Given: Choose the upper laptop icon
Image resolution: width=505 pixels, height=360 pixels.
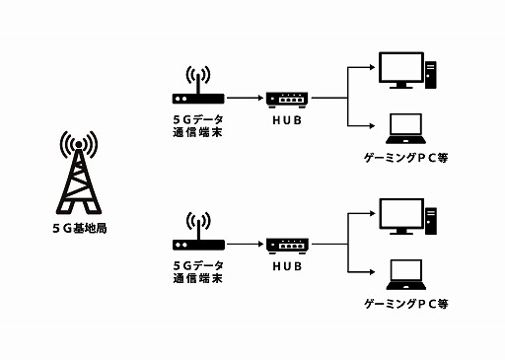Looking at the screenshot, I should (405, 127).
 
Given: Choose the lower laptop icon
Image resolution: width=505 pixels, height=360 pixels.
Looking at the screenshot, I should (405, 272).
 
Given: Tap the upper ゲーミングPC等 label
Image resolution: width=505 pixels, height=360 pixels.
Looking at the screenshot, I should (406, 157).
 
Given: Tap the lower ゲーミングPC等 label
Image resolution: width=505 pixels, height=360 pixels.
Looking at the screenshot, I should (406, 303).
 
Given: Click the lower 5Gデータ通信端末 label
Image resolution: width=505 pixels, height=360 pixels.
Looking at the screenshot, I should (197, 271).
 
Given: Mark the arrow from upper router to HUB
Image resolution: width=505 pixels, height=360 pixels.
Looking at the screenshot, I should (244, 99).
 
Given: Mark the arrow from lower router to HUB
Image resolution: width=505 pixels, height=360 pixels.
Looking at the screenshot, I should (244, 244).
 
